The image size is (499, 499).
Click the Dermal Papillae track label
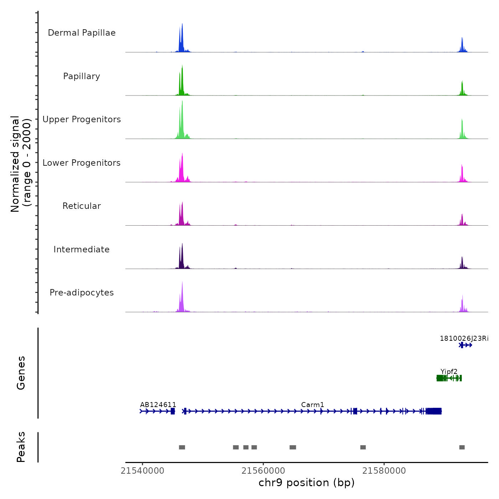tap(82, 33)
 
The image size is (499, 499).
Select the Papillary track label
tap(82, 76)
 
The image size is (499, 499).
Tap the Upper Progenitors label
tap(82, 119)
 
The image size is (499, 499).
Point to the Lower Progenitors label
tap(82, 163)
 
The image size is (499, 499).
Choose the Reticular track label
tap(82, 206)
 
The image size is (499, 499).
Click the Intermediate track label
tap(82, 249)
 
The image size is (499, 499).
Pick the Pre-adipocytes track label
tap(82, 293)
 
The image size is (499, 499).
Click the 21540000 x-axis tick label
tap(143, 471)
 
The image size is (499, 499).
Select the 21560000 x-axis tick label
tap(263, 471)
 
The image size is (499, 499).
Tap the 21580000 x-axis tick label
tap(384, 471)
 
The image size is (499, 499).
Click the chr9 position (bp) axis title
tap(307, 483)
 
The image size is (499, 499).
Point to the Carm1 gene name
tap(313, 405)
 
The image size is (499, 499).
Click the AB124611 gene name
tap(158, 405)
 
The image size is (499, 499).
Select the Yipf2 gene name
tap(449, 372)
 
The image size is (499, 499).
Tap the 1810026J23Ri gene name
tap(464, 339)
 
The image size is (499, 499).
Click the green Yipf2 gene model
tap(449, 378)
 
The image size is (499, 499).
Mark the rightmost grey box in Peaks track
tap(462, 447)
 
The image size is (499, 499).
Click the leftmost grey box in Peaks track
tap(182, 447)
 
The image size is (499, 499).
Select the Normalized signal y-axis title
tap(21, 164)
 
